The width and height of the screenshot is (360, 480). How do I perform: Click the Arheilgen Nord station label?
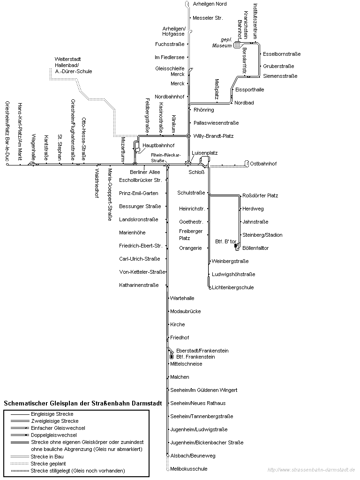(210, 4)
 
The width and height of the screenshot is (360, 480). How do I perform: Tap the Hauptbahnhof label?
(158, 146)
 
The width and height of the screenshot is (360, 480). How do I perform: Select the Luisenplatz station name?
(205, 153)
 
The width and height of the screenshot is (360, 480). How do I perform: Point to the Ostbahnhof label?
(263, 164)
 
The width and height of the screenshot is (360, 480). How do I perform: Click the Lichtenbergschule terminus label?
(232, 287)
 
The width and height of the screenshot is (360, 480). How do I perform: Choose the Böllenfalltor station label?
(255, 248)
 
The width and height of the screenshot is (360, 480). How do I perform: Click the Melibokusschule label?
(189, 469)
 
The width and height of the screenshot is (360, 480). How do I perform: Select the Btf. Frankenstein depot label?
(195, 357)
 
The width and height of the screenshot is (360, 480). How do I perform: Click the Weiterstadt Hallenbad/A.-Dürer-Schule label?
(73, 65)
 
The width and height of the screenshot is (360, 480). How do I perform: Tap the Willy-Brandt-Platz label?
(213, 136)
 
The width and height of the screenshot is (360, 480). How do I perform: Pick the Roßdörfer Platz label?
(260, 195)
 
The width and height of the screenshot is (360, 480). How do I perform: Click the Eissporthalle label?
(249, 90)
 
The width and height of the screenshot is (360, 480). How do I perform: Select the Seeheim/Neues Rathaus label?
(198, 403)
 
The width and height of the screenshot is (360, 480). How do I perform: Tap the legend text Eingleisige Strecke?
(52, 414)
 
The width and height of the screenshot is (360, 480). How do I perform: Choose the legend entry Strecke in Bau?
(46, 456)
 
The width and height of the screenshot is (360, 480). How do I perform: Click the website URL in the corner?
(311, 470)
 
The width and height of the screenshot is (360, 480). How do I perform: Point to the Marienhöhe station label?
(132, 232)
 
